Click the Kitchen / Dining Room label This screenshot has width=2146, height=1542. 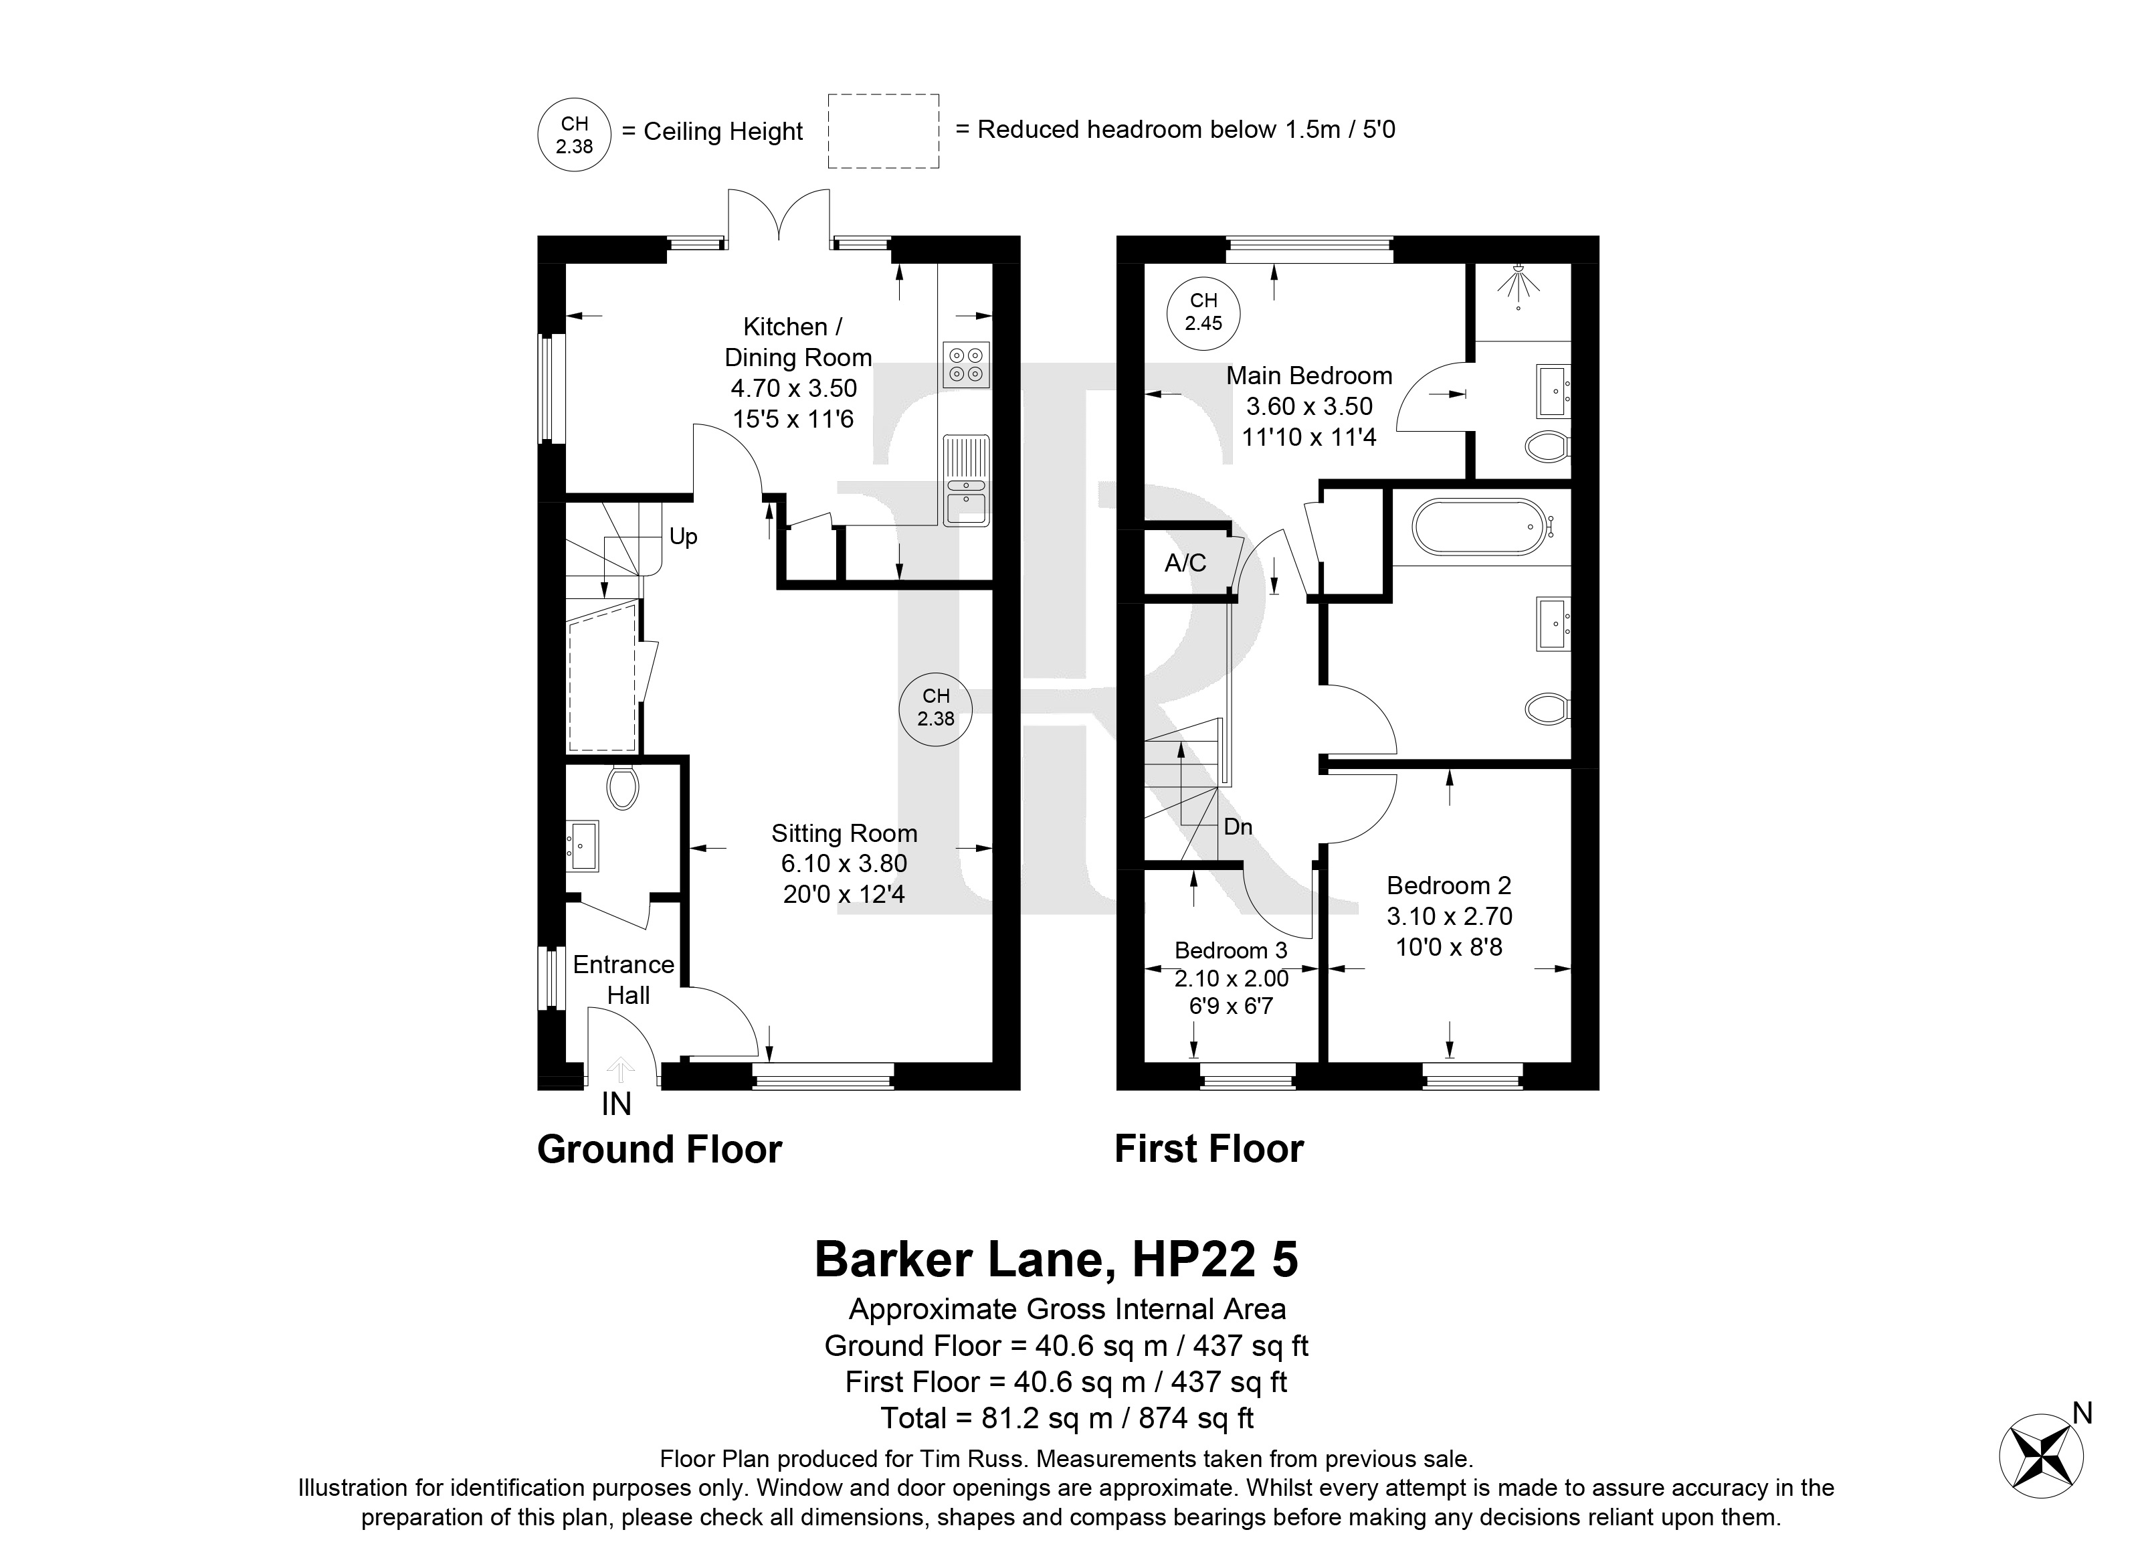797,342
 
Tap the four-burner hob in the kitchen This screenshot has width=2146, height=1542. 966,365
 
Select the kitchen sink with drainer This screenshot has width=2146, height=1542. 966,480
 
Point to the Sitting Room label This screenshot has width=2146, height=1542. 844,833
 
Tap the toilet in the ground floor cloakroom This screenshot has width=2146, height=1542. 621,786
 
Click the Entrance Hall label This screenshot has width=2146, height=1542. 625,980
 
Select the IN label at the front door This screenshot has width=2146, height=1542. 616,1104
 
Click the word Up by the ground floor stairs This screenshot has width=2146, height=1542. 683,536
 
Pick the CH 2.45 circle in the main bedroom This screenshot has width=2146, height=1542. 1203,311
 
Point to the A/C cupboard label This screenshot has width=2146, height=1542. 1185,564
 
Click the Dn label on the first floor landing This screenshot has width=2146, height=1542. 1238,827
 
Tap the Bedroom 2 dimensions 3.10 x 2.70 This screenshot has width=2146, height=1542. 1450,916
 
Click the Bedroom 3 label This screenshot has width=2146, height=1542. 1231,950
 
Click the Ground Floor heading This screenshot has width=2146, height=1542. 660,1149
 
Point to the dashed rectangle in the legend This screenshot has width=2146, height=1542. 884,132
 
